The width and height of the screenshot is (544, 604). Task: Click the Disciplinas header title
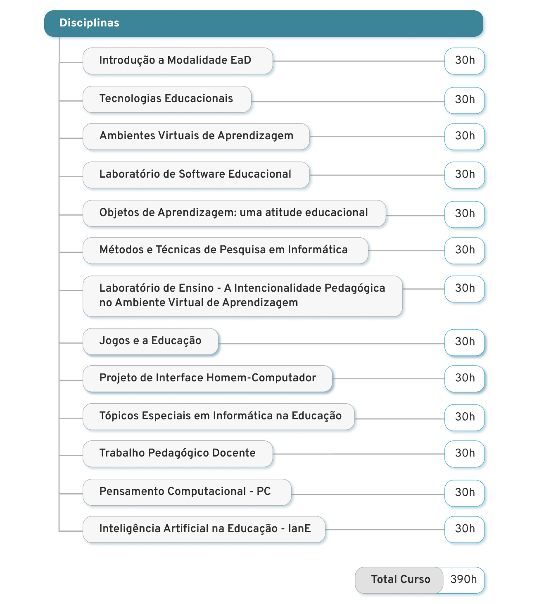point(89,23)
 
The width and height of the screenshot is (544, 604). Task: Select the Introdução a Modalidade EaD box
point(178,61)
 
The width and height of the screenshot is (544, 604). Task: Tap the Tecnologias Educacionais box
point(167,100)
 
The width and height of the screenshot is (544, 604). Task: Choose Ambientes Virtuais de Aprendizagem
point(196,136)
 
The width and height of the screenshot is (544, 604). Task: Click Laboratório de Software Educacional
point(196,175)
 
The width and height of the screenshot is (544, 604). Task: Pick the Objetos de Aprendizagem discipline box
point(234,213)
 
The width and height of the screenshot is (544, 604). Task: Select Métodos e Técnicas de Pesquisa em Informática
point(225,250)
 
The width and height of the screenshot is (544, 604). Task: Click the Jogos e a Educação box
point(150,341)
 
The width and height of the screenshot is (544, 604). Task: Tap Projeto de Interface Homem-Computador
point(207,378)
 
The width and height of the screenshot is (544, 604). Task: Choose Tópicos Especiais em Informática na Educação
point(219,416)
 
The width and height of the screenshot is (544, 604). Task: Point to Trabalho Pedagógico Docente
point(178,454)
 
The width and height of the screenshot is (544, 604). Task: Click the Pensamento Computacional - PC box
point(187,492)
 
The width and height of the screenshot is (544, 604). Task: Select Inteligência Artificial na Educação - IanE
point(204,529)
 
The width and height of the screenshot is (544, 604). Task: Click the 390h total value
point(463,579)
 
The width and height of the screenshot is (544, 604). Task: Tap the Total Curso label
point(401,579)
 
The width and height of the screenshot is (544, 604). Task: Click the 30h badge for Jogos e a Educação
point(465,342)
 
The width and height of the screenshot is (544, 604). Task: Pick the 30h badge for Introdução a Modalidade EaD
point(465,61)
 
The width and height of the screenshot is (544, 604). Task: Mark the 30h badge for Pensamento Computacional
point(465,493)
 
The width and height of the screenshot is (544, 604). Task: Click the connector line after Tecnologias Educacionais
point(348,102)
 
